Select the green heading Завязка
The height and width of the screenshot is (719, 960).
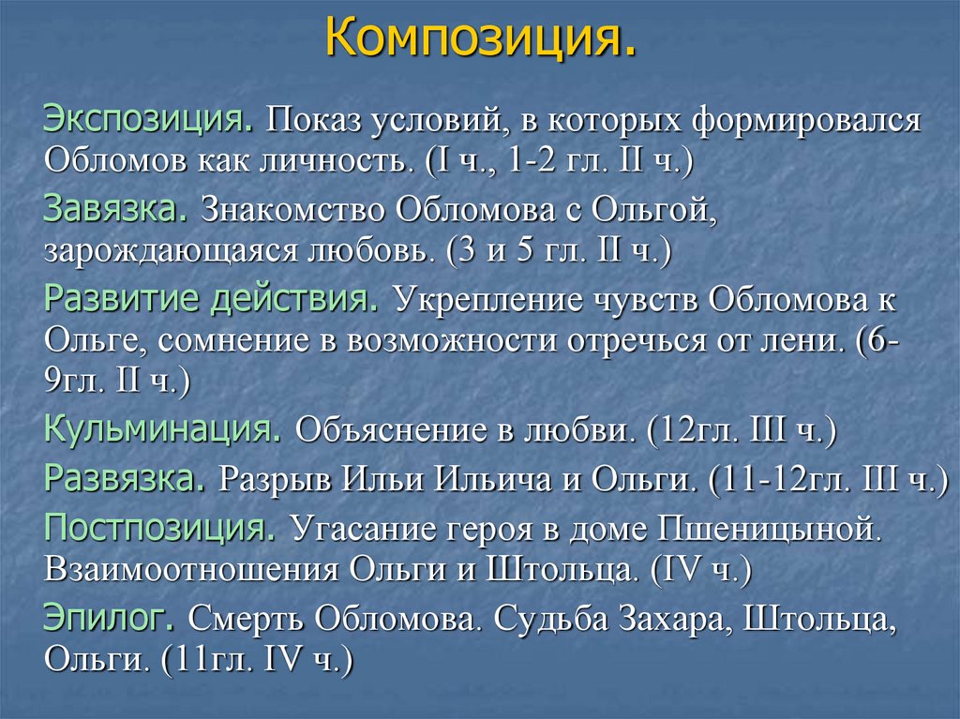tap(115, 208)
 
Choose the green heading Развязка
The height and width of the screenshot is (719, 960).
tap(126, 480)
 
